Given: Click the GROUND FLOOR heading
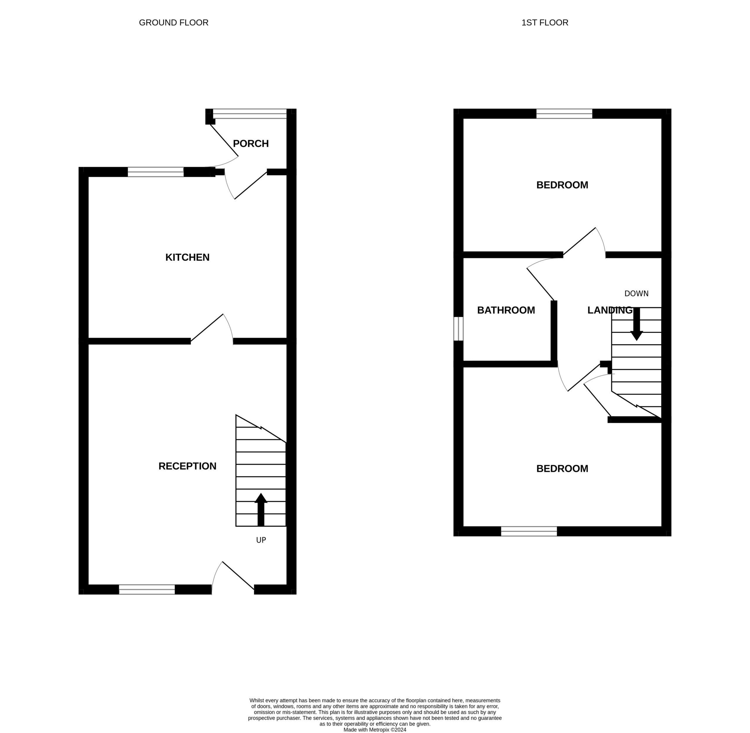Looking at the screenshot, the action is [x=173, y=23].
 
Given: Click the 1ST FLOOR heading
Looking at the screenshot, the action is [x=545, y=23].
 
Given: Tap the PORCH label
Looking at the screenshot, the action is [x=251, y=144].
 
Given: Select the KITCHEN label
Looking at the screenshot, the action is [x=187, y=257].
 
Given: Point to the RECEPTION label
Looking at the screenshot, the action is [x=187, y=466].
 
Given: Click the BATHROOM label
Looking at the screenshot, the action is [x=506, y=310].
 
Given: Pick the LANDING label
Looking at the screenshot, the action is [x=610, y=310].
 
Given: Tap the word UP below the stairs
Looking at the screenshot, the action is [x=261, y=540].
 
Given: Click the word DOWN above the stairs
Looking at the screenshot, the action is [x=637, y=294].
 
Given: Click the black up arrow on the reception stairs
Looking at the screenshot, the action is [x=261, y=509].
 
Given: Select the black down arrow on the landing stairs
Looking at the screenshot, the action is [x=637, y=324].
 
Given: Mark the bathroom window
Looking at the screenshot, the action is [x=458, y=329].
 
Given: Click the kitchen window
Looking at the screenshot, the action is [x=156, y=172].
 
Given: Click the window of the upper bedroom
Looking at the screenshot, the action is [x=565, y=113].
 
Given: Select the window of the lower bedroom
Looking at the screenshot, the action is [x=529, y=531].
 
